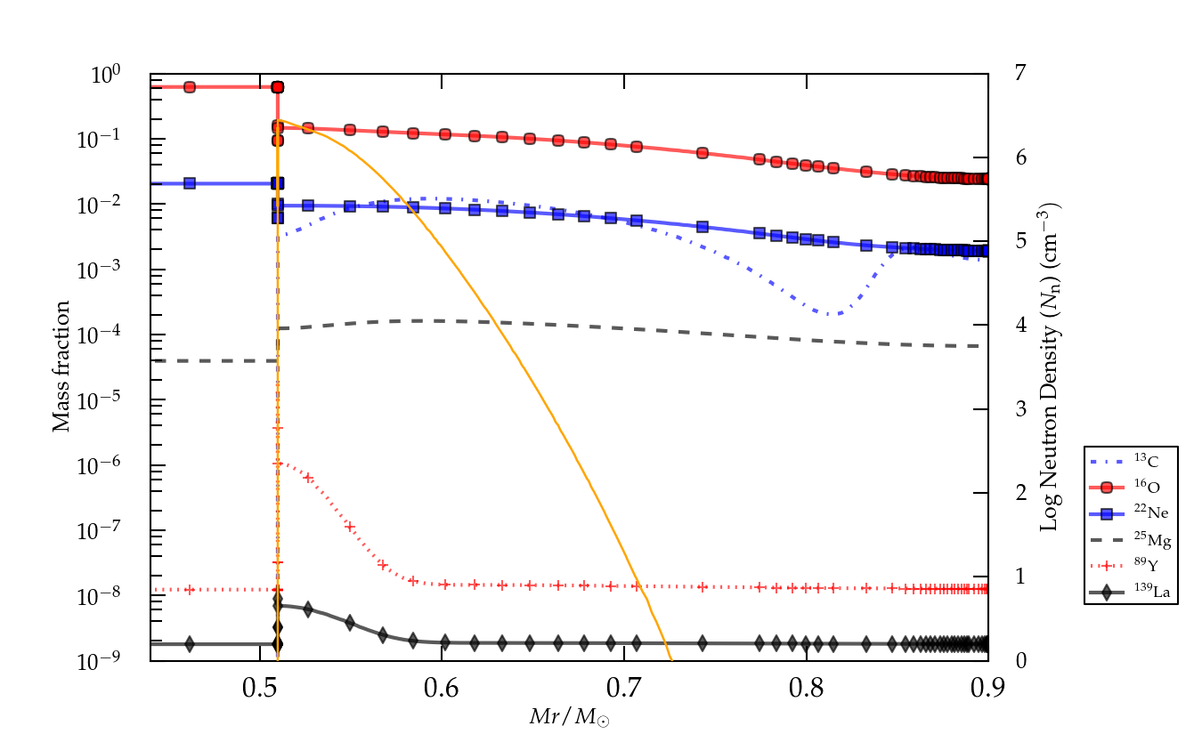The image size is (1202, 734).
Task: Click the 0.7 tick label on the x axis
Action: pos(624,687)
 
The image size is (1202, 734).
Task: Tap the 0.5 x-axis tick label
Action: pos(260,687)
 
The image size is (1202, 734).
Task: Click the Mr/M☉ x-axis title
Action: pos(570,714)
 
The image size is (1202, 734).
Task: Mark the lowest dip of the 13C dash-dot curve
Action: pos(829,314)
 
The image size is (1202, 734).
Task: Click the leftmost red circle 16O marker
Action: pos(190,87)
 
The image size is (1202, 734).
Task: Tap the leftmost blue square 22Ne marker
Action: pos(190,183)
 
